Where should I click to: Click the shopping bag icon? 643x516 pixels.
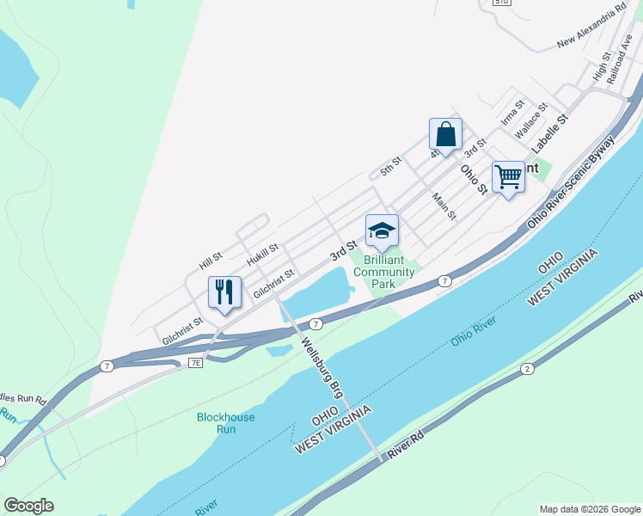click(x=445, y=135)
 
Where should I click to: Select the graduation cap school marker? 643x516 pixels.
click(x=382, y=231)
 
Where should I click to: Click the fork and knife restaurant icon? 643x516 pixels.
click(x=224, y=292)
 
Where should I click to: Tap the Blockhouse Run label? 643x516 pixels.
click(x=225, y=422)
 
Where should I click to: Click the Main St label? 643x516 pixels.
click(x=444, y=206)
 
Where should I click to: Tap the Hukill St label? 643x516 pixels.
click(x=262, y=254)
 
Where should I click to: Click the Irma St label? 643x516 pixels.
click(x=512, y=115)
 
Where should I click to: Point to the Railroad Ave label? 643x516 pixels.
click(x=618, y=58)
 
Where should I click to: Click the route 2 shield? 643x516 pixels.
click(x=526, y=369)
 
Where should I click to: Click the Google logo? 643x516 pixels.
click(x=28, y=506)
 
